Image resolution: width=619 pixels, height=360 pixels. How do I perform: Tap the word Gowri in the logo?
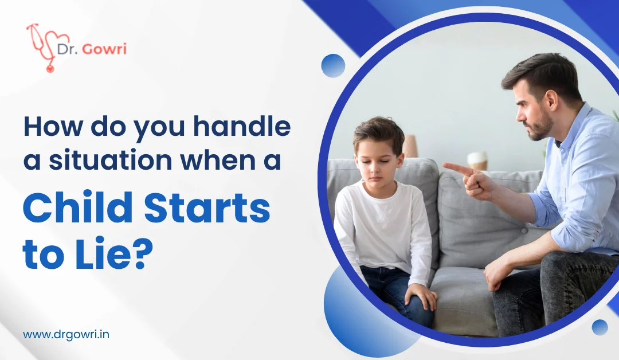coord(104,49)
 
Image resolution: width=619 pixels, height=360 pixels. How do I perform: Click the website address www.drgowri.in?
coord(66,335)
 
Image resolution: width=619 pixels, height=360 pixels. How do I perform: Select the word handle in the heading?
coord(242,126)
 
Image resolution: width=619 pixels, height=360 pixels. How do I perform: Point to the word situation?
coord(111,160)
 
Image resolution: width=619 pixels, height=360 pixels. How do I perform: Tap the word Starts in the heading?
coord(207,209)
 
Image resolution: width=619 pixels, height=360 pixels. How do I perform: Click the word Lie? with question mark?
coord(114,254)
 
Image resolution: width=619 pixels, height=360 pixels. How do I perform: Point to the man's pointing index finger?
coord(458,169)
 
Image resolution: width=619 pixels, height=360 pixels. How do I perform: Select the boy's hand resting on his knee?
coord(421,295)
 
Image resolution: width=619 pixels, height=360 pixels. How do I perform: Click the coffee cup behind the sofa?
coord(477,161)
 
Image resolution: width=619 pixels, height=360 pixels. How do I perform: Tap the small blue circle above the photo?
coord(333,65)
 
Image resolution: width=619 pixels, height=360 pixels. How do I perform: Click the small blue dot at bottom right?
coord(600,327)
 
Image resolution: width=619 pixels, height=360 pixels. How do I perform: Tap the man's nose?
coord(521,115)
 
